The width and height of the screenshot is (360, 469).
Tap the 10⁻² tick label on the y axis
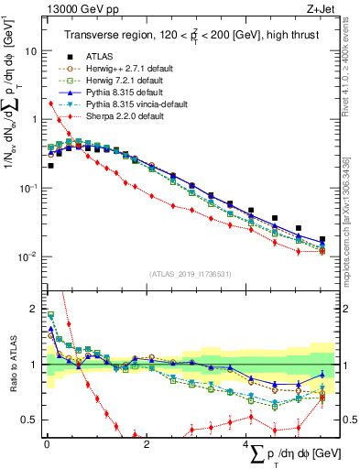coord(27,256)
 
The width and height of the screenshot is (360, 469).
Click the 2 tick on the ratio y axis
coord(34,310)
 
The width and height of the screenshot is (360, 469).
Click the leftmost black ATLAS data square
coord(49,166)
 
